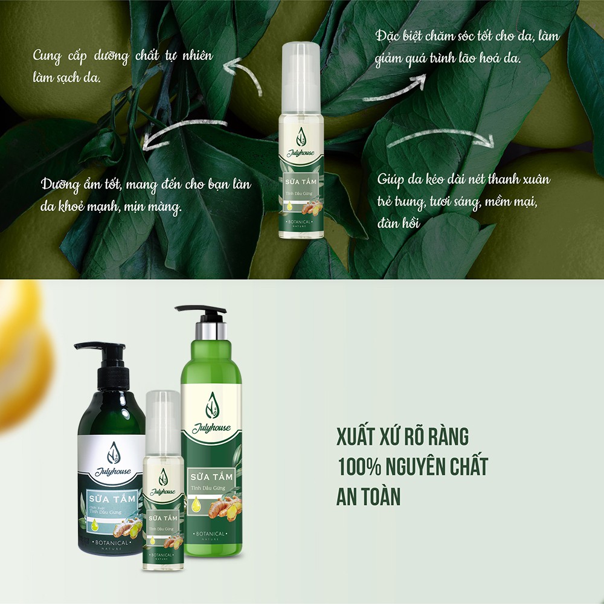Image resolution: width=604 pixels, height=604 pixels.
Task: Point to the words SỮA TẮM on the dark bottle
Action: point(112,500)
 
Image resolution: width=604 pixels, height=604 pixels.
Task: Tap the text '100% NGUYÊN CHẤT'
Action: point(412,466)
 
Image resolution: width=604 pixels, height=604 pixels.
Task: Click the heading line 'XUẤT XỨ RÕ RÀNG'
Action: point(402,436)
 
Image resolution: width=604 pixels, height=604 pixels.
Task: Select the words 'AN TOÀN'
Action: point(368,496)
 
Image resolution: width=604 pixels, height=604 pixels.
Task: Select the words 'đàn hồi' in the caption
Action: point(399,222)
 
